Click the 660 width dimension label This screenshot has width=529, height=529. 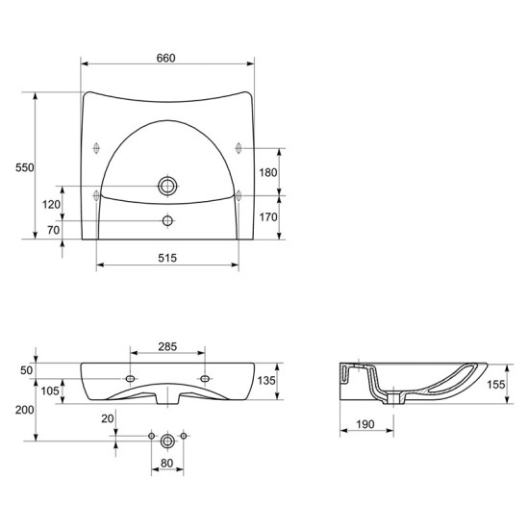166,58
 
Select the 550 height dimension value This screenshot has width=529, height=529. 25,167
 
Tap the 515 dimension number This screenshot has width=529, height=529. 167,258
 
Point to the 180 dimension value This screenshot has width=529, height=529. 268,172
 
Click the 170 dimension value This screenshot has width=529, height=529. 268,217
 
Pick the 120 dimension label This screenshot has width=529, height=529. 51,204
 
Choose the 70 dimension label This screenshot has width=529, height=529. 53,230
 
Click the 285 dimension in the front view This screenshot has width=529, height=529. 167,346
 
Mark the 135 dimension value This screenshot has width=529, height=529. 266,380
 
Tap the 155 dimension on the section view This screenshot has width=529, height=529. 496,385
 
